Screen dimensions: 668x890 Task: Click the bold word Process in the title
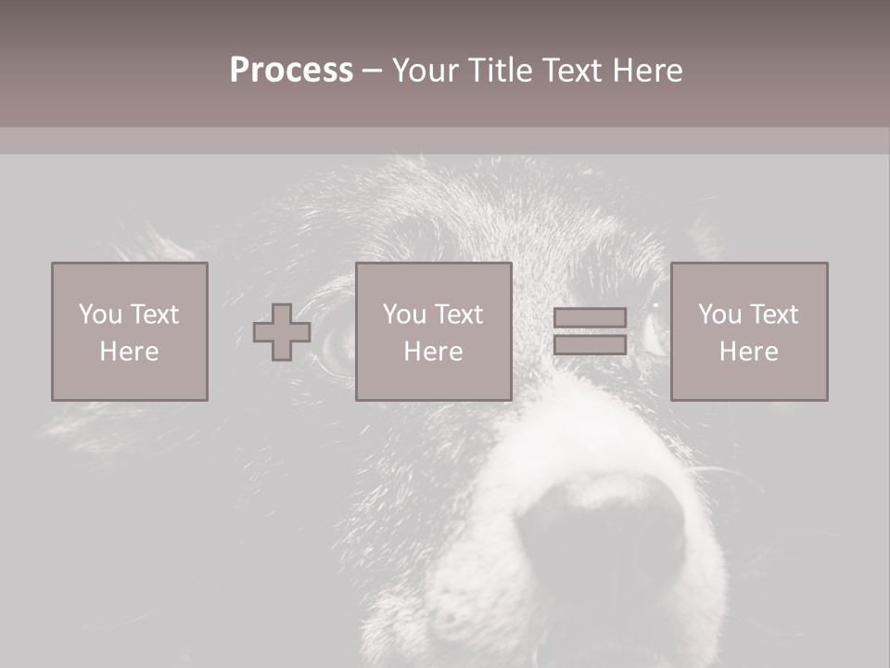(291, 71)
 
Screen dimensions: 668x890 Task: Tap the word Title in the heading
(501, 71)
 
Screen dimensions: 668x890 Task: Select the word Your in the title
(426, 71)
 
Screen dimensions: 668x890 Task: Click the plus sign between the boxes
(282, 332)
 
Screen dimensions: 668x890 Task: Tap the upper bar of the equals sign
(590, 318)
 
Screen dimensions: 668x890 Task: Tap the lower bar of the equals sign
(590, 345)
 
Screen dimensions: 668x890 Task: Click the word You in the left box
(100, 315)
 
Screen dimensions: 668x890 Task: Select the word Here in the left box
(129, 352)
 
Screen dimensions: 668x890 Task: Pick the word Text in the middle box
(459, 315)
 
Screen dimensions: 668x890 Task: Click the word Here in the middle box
(433, 352)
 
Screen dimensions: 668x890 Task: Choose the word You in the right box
(720, 315)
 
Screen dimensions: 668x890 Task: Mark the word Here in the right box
(748, 352)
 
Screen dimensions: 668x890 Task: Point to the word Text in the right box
(774, 315)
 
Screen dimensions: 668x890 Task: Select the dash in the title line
(373, 71)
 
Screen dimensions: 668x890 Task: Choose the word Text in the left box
(154, 315)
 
